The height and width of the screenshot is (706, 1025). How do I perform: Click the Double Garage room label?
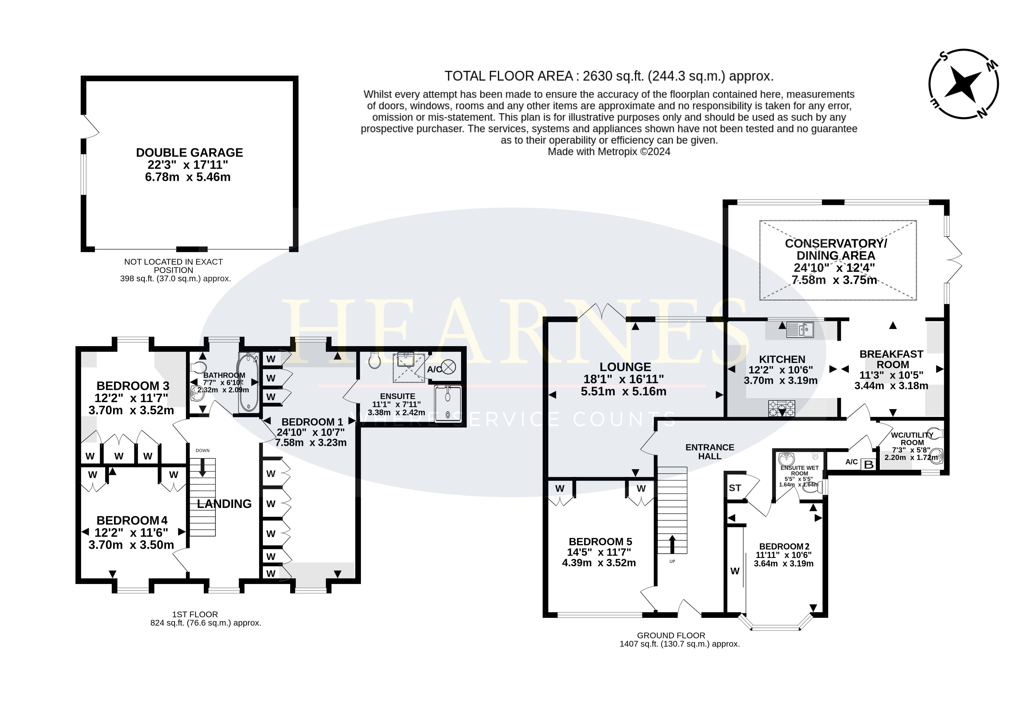click(189, 153)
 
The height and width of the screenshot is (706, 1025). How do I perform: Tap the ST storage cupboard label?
click(735, 488)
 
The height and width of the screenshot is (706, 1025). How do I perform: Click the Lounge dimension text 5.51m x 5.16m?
click(624, 392)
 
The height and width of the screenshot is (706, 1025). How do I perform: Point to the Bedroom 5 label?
click(600, 541)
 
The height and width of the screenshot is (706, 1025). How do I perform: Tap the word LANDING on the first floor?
click(224, 504)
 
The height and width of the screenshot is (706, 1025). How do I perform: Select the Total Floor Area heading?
click(609, 76)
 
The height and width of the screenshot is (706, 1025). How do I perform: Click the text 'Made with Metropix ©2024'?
click(609, 152)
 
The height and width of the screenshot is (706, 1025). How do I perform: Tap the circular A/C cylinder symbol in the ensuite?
click(449, 367)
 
